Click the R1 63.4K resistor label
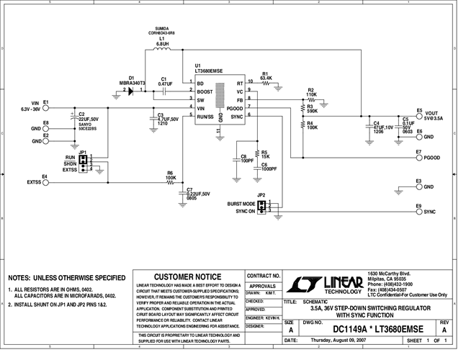tap(266, 76)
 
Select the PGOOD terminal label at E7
tap(432, 156)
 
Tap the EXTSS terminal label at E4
tap(35, 183)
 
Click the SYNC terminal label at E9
tap(430, 212)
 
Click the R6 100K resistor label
tap(170, 175)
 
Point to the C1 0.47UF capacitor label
tap(165, 81)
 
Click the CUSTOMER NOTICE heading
tap(188, 276)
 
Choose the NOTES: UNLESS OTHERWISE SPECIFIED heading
tap(66, 277)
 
